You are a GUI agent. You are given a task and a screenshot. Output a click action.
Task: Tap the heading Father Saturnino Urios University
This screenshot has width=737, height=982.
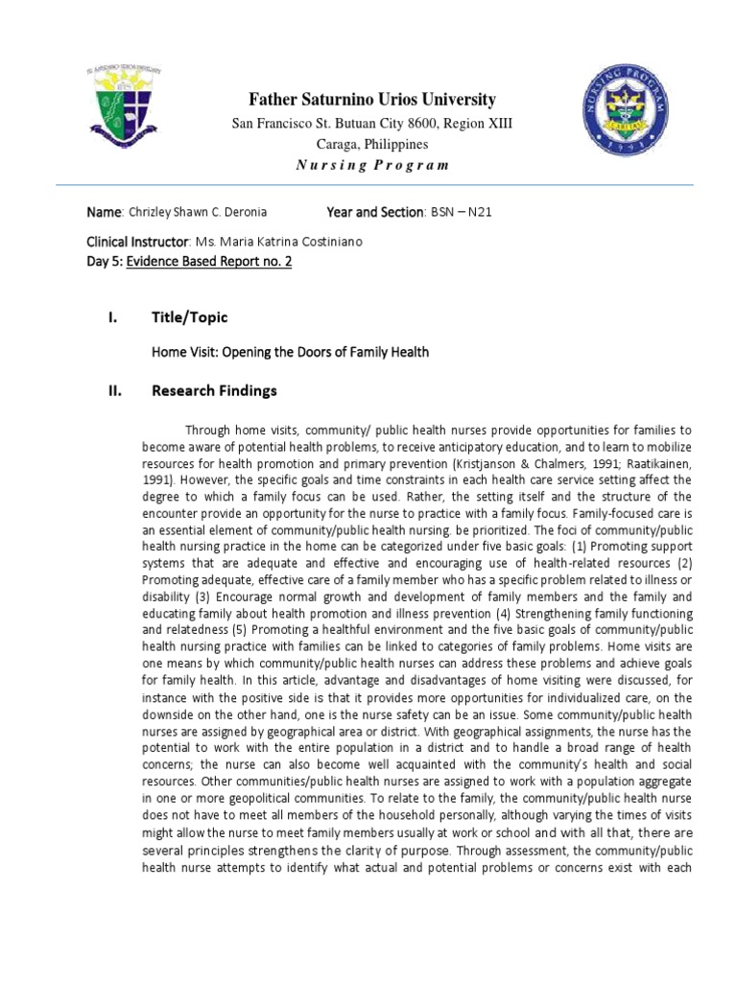coord(372,100)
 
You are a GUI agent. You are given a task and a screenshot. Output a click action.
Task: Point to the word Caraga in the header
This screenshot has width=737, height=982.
coord(341,144)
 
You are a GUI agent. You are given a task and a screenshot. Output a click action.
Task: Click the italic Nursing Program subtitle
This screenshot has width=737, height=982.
coord(372,165)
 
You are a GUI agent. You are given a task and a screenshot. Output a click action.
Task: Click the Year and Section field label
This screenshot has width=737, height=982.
coord(375,212)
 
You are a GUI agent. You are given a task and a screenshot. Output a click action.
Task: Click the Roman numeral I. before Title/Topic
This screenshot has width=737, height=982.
coord(117,317)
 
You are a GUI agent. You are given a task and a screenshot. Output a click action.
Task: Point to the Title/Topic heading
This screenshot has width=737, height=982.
coord(190,317)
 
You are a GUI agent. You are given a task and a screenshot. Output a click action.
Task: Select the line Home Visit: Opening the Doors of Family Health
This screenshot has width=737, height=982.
coord(290,352)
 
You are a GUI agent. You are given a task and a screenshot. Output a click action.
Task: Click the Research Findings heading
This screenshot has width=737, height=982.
coord(214,390)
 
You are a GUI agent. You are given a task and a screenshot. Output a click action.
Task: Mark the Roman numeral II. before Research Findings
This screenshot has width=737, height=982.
coord(119,390)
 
